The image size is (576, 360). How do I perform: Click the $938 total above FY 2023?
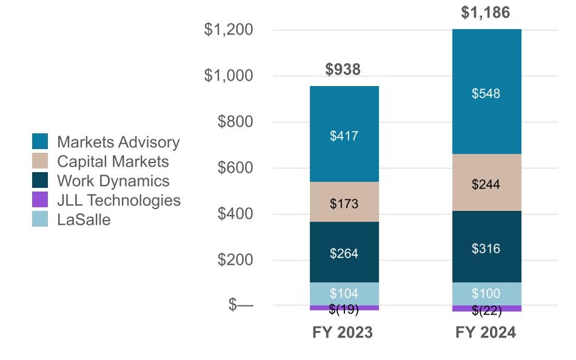pos(343,70)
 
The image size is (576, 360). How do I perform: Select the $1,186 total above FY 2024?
pos(486,13)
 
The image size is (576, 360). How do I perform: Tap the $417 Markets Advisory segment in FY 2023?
pos(344,136)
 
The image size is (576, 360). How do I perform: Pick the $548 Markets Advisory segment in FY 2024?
pos(486,93)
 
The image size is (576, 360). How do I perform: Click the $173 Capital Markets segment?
pos(344,204)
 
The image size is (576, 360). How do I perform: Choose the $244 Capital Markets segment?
pos(486,184)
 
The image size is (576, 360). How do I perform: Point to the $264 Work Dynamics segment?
pos(344,253)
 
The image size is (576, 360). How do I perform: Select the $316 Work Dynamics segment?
pos(486,248)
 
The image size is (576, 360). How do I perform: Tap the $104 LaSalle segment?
pos(344,294)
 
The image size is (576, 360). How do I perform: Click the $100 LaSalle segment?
pos(486,294)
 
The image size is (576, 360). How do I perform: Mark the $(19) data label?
pos(344,310)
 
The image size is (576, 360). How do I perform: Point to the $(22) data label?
pos(486,311)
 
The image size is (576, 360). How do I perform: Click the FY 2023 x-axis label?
pos(343,333)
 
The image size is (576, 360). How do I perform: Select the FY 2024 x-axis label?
pos(486,333)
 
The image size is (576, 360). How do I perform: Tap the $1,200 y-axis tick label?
pos(229,30)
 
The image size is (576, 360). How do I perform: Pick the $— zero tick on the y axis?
pos(241,305)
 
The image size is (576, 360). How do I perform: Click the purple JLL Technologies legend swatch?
pos(40,199)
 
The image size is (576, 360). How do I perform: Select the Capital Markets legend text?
pos(113,161)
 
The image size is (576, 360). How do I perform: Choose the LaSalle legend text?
pos(84,219)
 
